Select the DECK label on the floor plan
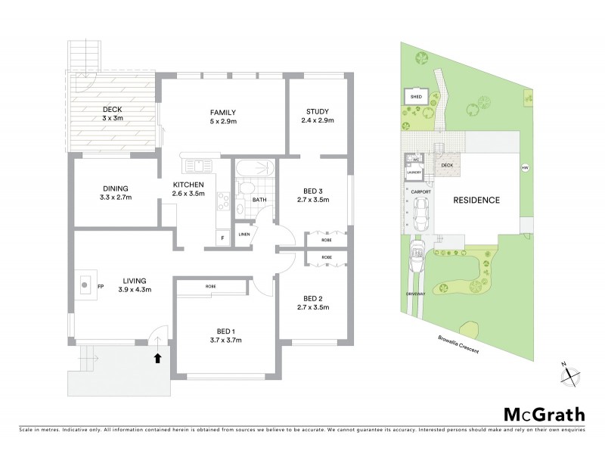(x=114, y=109)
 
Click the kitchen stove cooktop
(x=225, y=201)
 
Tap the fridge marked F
(x=223, y=238)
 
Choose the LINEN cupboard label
(x=244, y=234)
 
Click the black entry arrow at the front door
(x=157, y=358)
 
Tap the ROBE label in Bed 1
(x=211, y=287)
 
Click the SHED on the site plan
(x=415, y=97)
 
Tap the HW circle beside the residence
(x=523, y=167)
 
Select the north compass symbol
(x=572, y=373)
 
